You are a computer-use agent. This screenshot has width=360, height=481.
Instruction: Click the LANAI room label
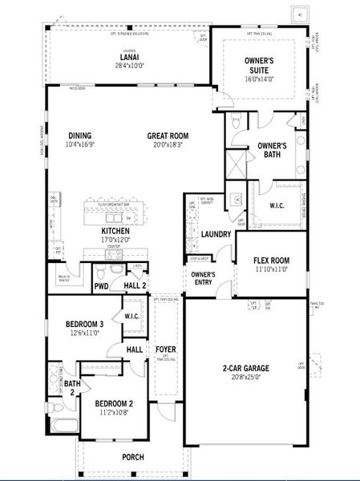click(x=129, y=56)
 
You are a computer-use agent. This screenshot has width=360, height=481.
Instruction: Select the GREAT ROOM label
click(x=168, y=135)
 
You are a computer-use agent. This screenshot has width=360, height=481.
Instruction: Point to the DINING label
click(x=79, y=135)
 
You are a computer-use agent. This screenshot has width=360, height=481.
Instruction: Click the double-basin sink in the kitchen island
click(x=116, y=217)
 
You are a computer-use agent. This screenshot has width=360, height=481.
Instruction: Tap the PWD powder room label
click(x=101, y=285)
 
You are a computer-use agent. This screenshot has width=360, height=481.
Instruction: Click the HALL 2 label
click(x=135, y=285)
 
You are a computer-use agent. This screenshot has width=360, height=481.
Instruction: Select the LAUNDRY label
click(x=216, y=234)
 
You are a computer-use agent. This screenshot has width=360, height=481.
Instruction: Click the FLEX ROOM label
click(x=271, y=261)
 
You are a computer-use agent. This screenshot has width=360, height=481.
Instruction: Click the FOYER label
click(x=165, y=350)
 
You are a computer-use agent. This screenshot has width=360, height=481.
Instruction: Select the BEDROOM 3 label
click(x=84, y=324)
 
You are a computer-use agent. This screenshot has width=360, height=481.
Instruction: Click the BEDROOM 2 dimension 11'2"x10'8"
click(x=114, y=413)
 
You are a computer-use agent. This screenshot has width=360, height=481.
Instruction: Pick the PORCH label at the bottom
click(x=133, y=457)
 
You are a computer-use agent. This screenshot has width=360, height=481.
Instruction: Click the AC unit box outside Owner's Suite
click(x=301, y=15)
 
